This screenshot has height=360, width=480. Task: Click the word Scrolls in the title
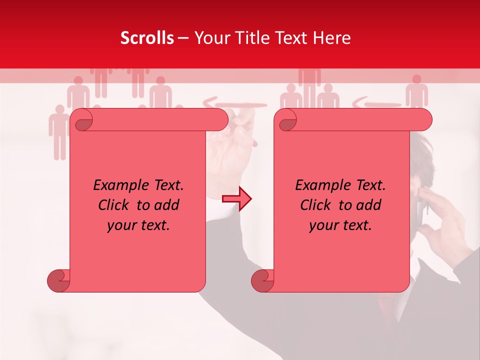point(147,38)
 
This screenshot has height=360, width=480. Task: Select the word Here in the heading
point(331,38)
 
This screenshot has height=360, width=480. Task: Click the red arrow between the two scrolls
point(237,199)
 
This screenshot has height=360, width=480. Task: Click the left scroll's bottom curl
point(58,280)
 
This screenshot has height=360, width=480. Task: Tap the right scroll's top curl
point(287,120)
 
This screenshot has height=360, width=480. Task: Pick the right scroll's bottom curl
point(262,280)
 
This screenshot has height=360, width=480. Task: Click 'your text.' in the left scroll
point(138,225)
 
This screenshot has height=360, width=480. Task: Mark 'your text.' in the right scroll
point(340,225)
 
